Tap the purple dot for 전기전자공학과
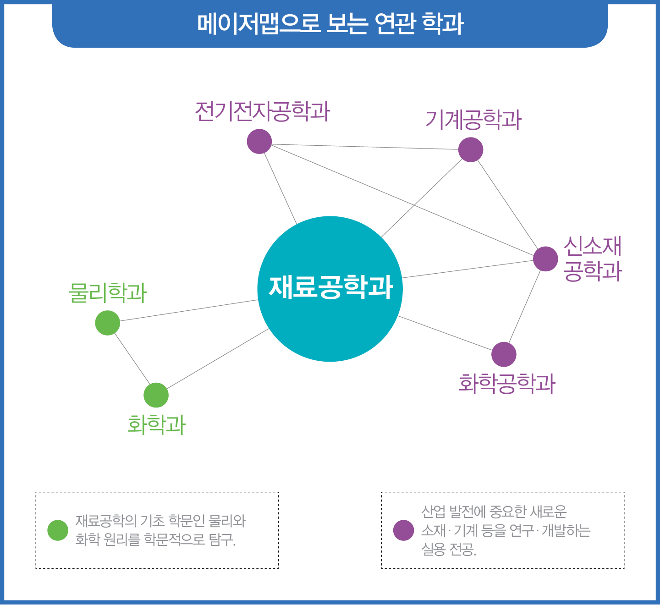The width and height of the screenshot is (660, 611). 259,142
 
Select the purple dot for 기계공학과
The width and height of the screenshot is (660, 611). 471,150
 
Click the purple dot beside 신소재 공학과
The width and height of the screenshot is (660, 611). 545,259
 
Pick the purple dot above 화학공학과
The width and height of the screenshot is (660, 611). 504,354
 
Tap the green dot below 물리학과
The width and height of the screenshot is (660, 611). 108,323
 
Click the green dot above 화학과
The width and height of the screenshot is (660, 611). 156,395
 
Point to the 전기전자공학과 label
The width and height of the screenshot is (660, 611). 262,111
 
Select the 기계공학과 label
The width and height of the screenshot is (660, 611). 473,120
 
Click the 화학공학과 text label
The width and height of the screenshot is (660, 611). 507,383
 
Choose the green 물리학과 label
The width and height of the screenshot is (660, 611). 108,292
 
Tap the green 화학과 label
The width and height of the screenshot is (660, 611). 156,424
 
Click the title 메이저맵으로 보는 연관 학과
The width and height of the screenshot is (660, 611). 330,24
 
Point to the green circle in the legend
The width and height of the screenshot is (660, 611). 58,530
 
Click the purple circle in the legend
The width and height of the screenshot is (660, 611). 403,530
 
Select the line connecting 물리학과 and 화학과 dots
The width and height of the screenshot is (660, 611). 132,359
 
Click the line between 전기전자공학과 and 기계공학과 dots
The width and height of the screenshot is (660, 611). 365,147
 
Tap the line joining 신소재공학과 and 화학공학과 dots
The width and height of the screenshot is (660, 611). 525,306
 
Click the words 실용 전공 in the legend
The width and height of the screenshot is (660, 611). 448,550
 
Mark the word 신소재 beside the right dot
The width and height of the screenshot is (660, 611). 592,247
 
